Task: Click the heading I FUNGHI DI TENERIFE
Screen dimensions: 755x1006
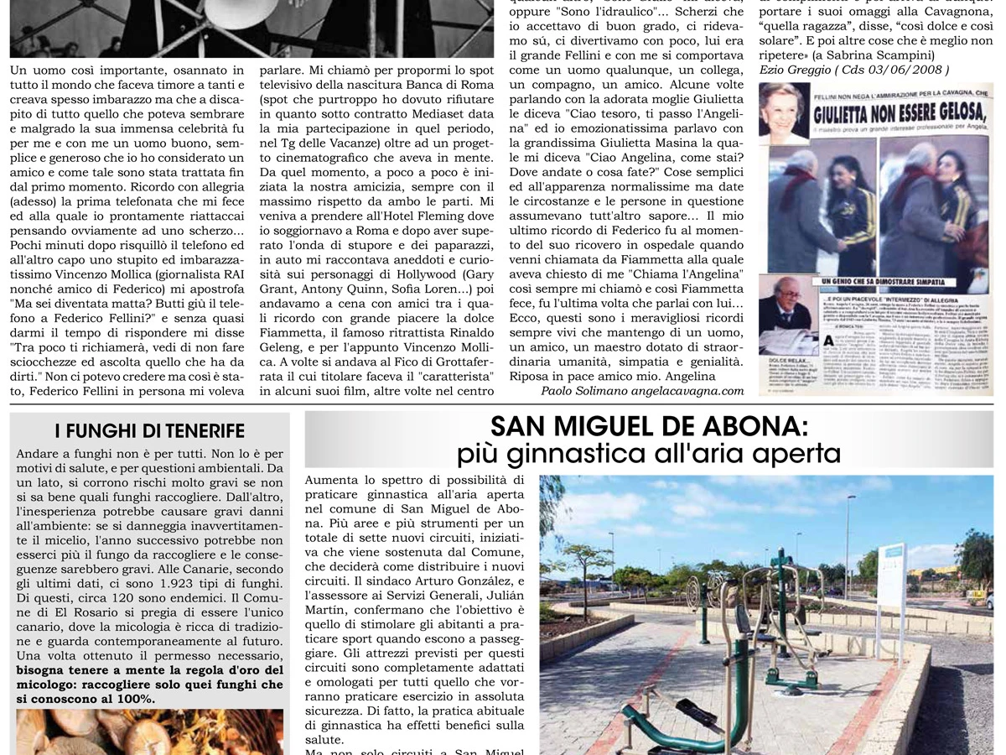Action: [x=149, y=431]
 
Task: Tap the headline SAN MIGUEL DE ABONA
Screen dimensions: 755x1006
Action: [x=648, y=427]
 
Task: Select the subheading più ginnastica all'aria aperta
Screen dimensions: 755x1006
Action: [x=648, y=454]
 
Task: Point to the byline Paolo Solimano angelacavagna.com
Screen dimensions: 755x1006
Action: [x=642, y=391]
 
